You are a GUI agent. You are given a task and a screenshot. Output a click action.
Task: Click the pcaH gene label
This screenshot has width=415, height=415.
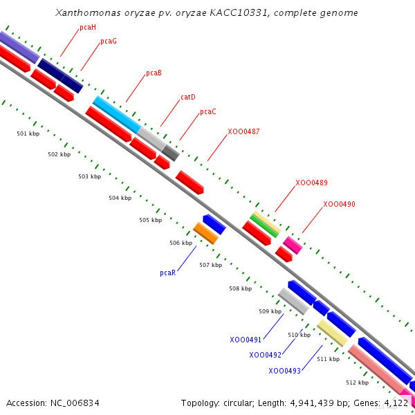88,28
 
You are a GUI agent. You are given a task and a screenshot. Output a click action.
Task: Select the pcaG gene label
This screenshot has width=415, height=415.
109,41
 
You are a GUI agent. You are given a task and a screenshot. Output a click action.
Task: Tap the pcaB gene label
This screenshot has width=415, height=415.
154,73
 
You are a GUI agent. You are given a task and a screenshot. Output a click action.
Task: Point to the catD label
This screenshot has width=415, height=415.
188,98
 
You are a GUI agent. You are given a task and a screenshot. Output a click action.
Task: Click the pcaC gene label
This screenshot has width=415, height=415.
208,112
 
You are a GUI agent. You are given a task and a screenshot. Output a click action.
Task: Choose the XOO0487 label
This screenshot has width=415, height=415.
243,131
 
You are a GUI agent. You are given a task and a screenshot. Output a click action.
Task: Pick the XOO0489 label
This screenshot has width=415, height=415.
311,183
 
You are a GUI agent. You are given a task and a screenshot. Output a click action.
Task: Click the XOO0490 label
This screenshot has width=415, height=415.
339,205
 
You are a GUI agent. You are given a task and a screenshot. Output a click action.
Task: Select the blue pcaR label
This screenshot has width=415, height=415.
168,273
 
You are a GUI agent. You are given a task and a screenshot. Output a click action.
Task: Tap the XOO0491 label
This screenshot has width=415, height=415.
246,340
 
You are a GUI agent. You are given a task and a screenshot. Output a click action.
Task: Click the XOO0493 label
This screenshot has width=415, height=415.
284,371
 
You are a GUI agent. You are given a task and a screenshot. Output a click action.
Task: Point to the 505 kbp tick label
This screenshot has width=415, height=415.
150,221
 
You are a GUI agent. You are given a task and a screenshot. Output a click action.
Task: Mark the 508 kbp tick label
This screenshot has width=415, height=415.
241,288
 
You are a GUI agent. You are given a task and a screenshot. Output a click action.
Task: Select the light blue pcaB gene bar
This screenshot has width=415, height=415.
116,115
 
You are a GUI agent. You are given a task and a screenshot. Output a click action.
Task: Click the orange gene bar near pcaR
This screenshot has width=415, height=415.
205,233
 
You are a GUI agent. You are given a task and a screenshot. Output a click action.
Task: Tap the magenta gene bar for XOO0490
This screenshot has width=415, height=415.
293,245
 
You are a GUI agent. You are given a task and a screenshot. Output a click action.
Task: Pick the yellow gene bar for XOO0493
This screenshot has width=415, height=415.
332,333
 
